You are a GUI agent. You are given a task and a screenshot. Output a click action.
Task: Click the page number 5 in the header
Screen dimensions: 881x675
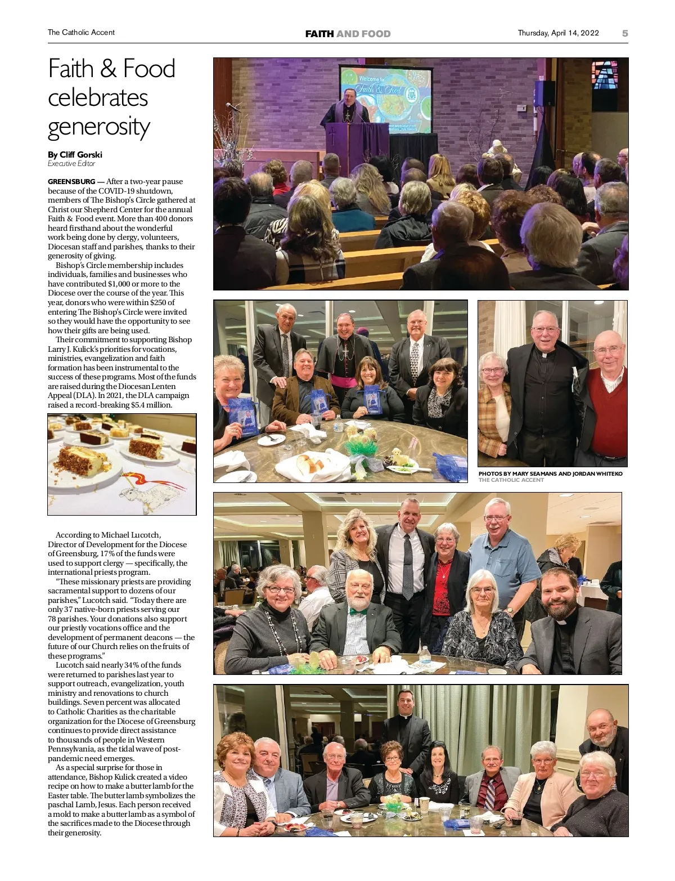[625, 33]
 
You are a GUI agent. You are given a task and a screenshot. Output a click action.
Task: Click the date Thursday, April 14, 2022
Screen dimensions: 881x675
[558, 33]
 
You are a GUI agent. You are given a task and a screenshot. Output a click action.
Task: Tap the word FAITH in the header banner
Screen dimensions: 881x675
[319, 34]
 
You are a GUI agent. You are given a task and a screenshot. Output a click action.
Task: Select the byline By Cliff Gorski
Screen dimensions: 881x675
[75, 155]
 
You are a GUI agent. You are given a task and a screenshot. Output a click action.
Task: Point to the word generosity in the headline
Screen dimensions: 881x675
[99, 127]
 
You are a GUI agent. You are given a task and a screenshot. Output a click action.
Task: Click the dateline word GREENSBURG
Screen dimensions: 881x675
[71, 182]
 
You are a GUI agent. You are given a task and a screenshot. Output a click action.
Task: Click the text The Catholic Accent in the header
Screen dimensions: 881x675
[81, 33]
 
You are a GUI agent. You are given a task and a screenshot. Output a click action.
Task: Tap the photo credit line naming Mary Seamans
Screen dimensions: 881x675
[550, 474]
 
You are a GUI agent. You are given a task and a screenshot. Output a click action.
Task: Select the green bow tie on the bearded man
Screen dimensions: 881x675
[358, 611]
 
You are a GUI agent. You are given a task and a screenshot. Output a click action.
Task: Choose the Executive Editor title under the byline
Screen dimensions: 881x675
[71, 164]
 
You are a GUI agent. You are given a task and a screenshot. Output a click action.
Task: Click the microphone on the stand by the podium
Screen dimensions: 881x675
[228, 106]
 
